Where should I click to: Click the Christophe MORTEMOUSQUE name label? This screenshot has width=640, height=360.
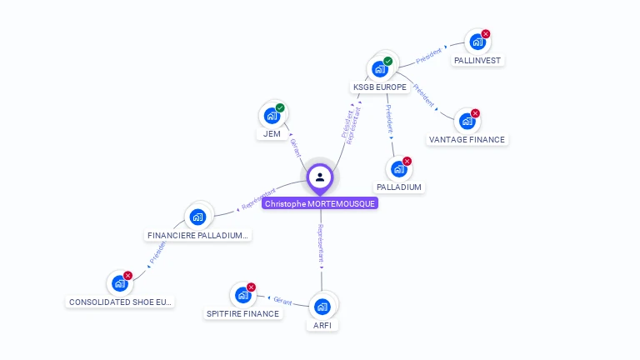(x=320, y=203)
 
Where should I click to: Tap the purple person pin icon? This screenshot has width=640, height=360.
(x=320, y=177)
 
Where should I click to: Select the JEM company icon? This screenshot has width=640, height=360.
(x=271, y=116)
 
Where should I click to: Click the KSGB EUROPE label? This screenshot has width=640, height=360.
(x=380, y=87)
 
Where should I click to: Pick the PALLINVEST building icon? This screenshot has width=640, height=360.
(x=477, y=42)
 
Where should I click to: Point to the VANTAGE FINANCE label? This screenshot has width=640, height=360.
(x=467, y=139)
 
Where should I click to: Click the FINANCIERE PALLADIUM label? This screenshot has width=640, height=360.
(x=198, y=235)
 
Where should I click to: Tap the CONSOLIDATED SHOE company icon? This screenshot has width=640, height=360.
(x=119, y=283)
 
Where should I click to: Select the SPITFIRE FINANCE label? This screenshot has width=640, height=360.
(x=242, y=313)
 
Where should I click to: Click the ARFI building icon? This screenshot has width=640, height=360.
(x=322, y=306)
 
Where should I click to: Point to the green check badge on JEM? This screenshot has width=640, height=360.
(x=280, y=107)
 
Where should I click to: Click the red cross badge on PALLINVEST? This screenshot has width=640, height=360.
(x=486, y=34)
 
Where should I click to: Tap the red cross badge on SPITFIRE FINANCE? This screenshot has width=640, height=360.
(x=251, y=287)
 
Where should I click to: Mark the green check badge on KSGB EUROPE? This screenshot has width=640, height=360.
(x=387, y=61)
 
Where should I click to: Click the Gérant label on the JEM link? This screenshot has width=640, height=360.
(x=294, y=147)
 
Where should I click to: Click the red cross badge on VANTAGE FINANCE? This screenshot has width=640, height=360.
(x=475, y=113)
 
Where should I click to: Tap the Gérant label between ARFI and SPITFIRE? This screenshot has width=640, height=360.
(x=283, y=300)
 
